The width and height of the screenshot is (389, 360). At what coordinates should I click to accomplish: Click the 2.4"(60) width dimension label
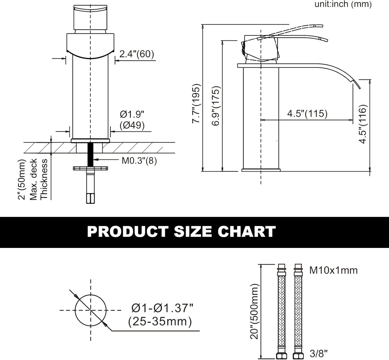[x=136, y=54]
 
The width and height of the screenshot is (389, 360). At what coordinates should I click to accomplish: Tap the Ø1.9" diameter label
[x=132, y=114]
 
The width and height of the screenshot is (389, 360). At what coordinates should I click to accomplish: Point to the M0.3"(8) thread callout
[x=139, y=161]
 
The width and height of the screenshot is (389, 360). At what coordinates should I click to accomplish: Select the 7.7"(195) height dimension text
[x=196, y=103]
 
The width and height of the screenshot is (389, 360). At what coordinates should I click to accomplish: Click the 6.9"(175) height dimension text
[x=216, y=106]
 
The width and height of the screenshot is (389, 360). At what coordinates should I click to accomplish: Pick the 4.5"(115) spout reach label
[x=307, y=114]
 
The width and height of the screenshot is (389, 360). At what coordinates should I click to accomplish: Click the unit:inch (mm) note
[x=343, y=4]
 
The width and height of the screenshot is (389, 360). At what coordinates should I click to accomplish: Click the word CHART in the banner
[x=247, y=232]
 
